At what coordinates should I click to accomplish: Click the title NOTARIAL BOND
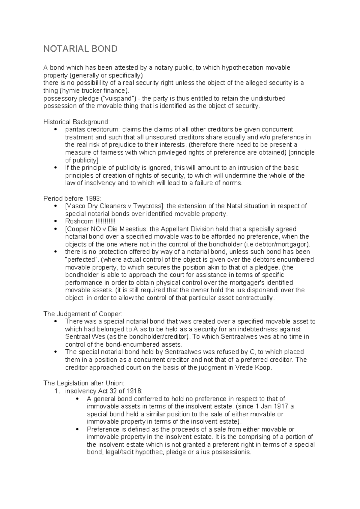coord(80,49)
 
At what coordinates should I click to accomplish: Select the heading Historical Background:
coord(77,122)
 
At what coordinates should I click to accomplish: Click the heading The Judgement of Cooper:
coord(83,314)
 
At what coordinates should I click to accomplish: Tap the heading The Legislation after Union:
coord(84,383)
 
